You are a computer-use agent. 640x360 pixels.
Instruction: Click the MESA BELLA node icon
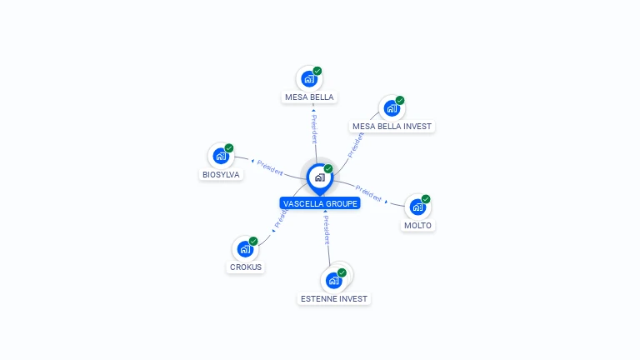pos(309,79)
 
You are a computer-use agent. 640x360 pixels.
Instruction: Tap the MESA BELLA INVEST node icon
pos(391,108)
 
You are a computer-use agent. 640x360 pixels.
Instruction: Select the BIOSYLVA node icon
pos(221,156)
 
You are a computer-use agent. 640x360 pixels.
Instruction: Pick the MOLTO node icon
pos(417,207)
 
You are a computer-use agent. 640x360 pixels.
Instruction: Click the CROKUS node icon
pos(245,248)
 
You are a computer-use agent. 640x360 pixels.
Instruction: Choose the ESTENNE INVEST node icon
pos(334,280)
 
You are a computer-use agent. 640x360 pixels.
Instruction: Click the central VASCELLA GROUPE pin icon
pos(319,177)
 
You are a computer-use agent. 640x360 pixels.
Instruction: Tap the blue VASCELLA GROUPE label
pos(320,203)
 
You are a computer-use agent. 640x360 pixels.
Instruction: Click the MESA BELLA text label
pos(309,97)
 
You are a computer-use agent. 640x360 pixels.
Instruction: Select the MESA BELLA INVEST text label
pos(392,127)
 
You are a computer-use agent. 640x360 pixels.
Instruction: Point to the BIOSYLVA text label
pos(221,175)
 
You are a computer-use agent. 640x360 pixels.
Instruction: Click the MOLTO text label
pos(418,226)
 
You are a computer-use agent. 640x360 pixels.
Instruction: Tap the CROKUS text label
pos(246,267)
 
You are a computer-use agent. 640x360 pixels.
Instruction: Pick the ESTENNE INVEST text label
pos(334,298)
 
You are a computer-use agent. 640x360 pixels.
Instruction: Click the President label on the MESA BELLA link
pos(313,127)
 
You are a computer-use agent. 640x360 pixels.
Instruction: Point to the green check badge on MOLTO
pos(426,199)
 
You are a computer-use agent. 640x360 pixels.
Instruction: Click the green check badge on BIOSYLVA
pos(229,148)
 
